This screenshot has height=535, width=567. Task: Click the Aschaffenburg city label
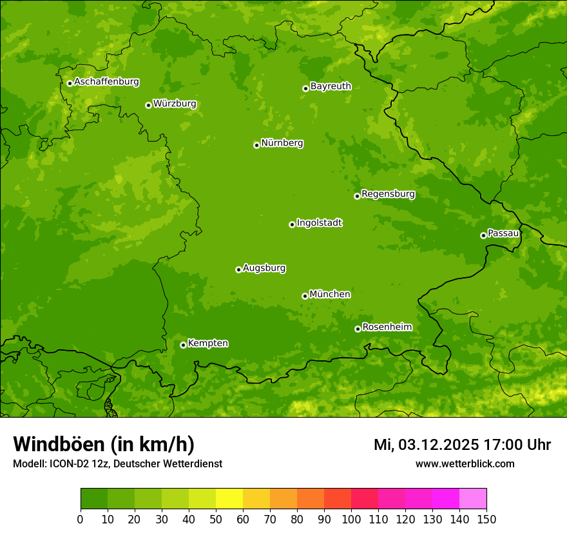coord(106,82)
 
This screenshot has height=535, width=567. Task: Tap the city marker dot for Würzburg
coord(148,105)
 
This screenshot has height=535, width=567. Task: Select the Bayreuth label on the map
coord(331,86)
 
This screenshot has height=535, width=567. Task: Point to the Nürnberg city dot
coord(256,145)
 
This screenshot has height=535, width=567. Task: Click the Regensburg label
coord(388,194)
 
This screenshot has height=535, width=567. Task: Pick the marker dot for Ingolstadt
coord(292,224)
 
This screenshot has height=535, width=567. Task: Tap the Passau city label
coord(503,233)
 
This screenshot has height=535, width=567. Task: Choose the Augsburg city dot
coord(238,269)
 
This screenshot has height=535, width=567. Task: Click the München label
coord(330,295)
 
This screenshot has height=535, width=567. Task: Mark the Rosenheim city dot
coord(358,329)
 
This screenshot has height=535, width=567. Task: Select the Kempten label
coord(207,344)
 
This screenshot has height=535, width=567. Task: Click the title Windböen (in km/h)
coord(104,444)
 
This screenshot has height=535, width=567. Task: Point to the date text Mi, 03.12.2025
coord(425,445)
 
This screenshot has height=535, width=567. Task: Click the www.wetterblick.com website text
coord(465,463)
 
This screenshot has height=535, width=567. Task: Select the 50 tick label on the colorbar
coord(216,518)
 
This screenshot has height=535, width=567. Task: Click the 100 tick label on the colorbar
coord(351,518)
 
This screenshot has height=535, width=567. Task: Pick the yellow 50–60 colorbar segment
coord(229,499)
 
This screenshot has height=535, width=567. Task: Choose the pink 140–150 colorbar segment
coord(473,499)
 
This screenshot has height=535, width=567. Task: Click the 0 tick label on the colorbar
coord(81,518)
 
